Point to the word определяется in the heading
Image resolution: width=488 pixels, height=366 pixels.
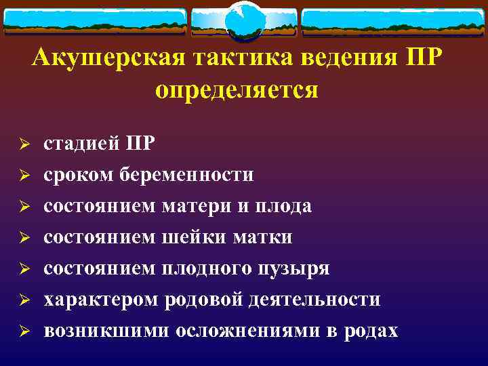[x=237, y=89]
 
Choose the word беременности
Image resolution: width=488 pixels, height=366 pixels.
[x=186, y=175]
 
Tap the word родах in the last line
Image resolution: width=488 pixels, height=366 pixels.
[x=371, y=331]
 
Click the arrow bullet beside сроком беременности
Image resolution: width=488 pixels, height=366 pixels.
[x=22, y=176]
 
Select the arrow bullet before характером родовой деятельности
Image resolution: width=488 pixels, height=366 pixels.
[x=22, y=300]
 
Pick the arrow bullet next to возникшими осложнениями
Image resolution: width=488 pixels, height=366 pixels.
[x=22, y=331]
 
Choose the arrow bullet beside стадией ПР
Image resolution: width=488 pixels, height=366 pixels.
[x=22, y=144]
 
